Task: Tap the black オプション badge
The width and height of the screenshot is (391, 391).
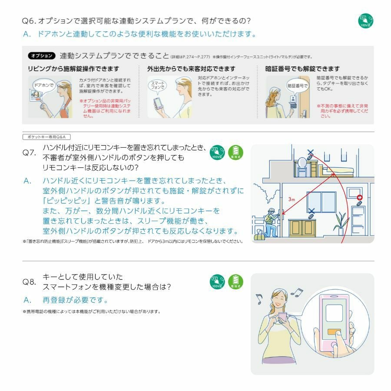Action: (x=42, y=56)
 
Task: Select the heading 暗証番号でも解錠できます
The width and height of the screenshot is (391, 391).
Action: (x=302, y=69)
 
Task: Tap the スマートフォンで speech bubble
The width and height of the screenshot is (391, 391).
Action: (x=157, y=85)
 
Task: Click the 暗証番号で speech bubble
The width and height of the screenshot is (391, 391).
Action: (x=297, y=86)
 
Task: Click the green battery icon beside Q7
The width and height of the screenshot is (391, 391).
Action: (x=236, y=152)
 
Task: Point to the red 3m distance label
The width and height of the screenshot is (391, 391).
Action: (x=292, y=199)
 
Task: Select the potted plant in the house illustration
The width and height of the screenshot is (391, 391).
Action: (x=341, y=222)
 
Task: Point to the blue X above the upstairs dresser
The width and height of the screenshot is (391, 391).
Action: (x=310, y=152)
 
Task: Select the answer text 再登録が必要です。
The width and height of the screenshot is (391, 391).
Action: (x=75, y=300)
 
